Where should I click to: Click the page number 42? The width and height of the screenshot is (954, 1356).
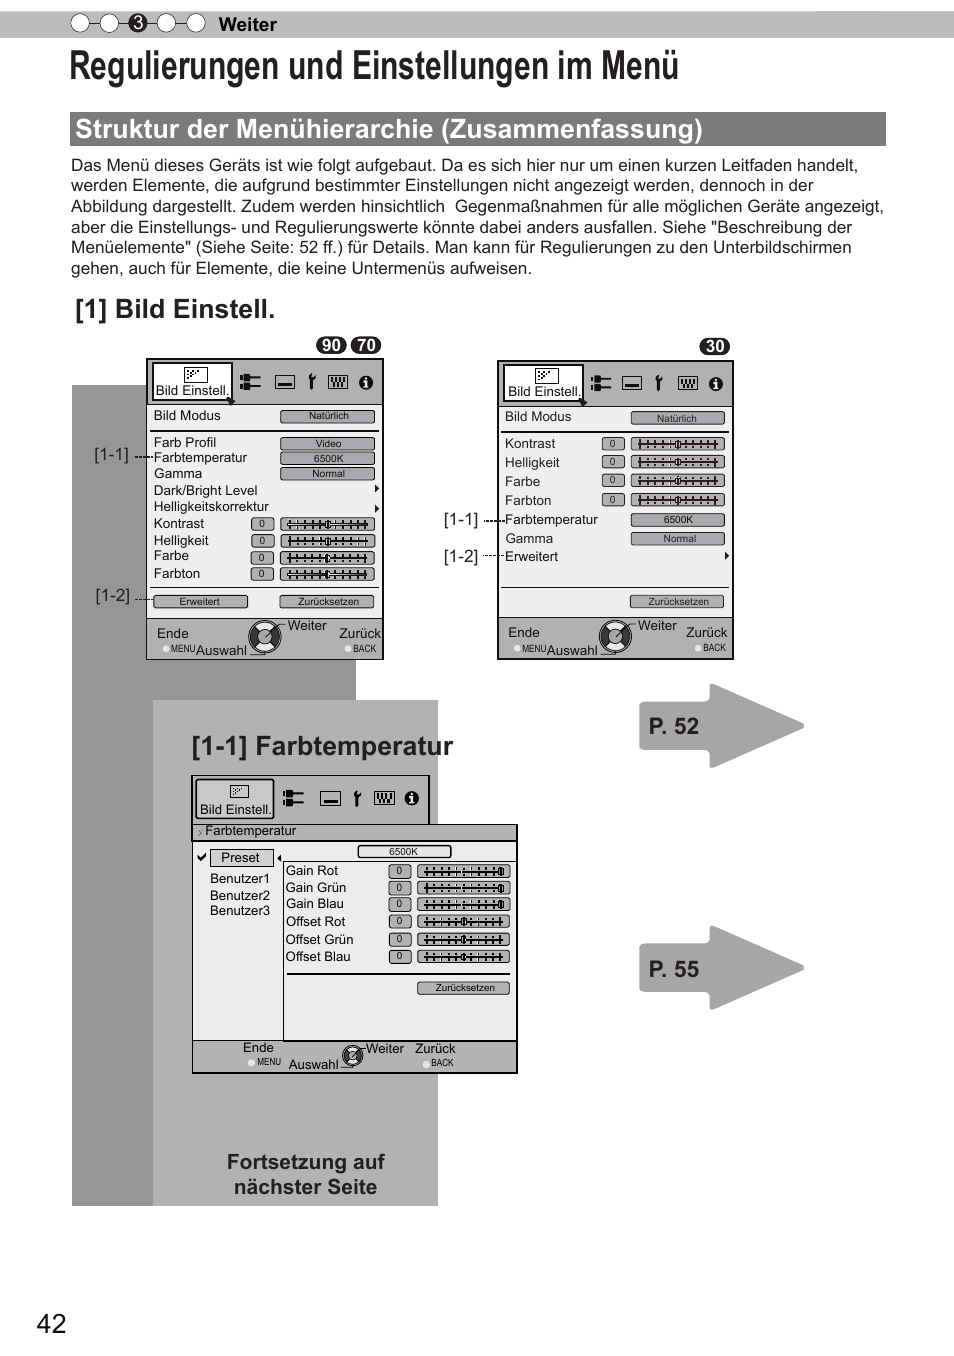pos(51,1323)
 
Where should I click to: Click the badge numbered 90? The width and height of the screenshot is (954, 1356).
pos(331,345)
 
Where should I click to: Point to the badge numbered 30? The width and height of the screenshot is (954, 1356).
pos(714,346)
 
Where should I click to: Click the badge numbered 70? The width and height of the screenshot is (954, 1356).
pos(366,345)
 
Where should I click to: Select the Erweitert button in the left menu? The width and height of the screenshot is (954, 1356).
pos(200,601)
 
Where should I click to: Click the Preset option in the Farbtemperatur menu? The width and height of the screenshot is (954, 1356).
pos(240,857)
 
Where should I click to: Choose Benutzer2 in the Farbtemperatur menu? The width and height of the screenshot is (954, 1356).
pos(240,895)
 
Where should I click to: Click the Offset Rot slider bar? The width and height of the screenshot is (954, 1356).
pos(463,921)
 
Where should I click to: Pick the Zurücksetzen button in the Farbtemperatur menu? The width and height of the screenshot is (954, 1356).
pos(464,987)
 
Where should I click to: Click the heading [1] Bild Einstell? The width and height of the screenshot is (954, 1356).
pos(175,309)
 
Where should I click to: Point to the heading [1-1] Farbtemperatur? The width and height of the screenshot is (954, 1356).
pos(322,746)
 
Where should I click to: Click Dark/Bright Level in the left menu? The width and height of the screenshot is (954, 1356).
pos(205,490)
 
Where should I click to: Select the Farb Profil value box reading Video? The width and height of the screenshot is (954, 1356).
pos(328,443)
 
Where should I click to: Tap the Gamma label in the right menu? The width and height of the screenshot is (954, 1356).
pos(529,538)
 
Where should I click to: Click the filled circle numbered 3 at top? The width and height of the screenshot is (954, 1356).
pos(138,23)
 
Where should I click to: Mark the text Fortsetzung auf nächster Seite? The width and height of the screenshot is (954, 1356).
pos(305,1174)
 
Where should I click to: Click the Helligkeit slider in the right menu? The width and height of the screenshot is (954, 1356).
pos(677,462)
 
